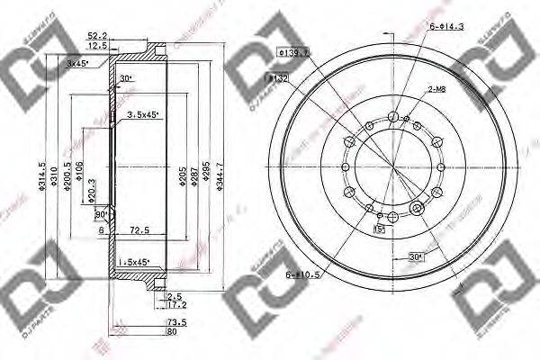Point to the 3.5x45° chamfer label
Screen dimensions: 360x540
coord(144,114)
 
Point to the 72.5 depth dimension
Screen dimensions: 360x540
coord(138,231)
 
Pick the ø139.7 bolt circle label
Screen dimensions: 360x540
coord(294,53)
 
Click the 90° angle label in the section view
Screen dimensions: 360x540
coord(101,215)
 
